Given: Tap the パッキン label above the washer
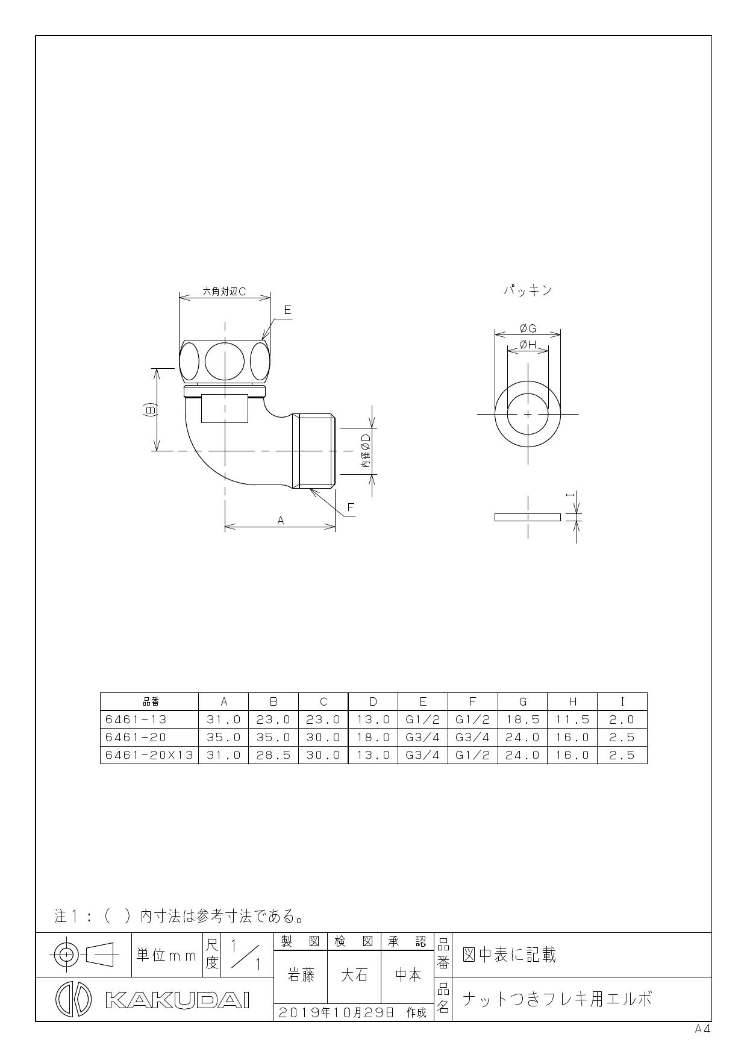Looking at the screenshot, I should pyautogui.click(x=528, y=290).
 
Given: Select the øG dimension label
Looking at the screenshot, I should pyautogui.click(x=528, y=328).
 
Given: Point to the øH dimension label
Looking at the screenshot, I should pyautogui.click(x=528, y=345).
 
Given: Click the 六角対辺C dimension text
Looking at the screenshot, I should pyautogui.click(x=224, y=292).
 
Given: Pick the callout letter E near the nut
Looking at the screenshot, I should pyautogui.click(x=287, y=310).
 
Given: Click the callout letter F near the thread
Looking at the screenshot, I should pyautogui.click(x=351, y=507).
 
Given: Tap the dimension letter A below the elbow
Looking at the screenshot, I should pyautogui.click(x=280, y=521).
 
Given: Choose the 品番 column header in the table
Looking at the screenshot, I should pyautogui.click(x=149, y=701).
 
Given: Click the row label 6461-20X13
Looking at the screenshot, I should pyautogui.click(x=149, y=755).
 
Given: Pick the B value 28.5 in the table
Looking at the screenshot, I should pyautogui.click(x=273, y=755).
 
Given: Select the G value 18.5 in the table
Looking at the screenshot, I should pyautogui.click(x=522, y=720).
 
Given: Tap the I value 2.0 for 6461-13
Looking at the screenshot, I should pyautogui.click(x=622, y=720).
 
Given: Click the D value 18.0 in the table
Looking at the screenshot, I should pyautogui.click(x=373, y=737).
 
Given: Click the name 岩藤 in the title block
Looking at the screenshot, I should pyautogui.click(x=300, y=975).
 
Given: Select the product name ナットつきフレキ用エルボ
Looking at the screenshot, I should pyautogui.click(x=557, y=999).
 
